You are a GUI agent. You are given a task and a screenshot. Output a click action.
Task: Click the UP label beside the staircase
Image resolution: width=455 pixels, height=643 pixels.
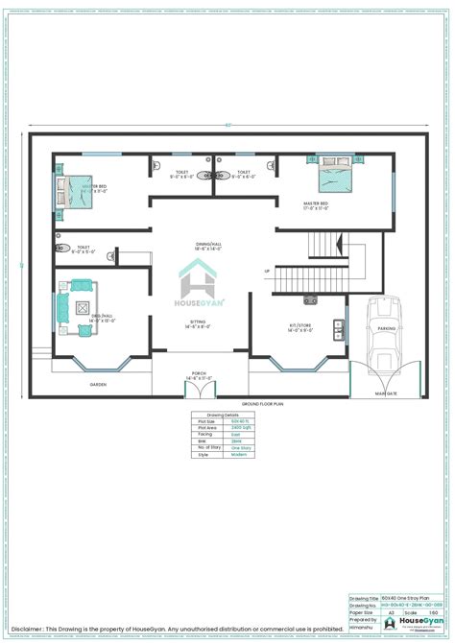[267, 271]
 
